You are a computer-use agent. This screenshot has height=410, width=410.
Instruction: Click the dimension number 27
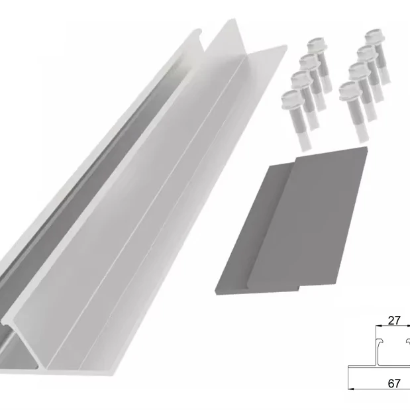pyautogui.click(x=394, y=321)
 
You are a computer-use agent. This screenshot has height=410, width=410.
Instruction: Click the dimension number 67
pyautogui.click(x=394, y=383)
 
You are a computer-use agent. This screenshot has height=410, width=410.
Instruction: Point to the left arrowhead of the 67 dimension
pyautogui.click(x=352, y=390)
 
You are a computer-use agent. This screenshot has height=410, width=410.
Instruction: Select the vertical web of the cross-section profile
pyautogui.click(x=376, y=354)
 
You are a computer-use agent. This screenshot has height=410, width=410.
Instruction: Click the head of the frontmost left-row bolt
pyautogui.click(x=289, y=100)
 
